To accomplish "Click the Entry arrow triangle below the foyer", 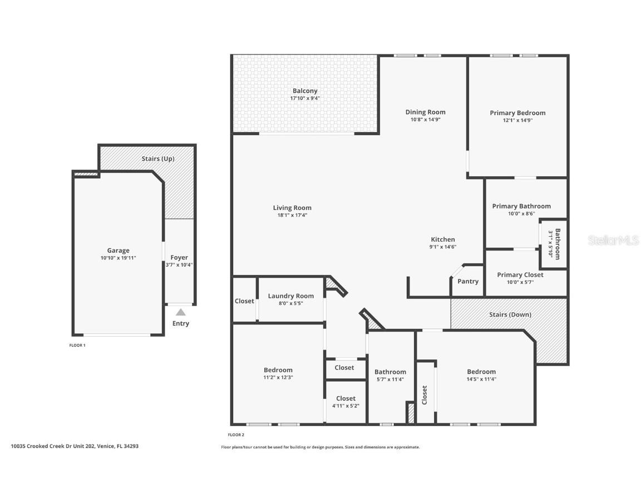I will tap(180, 312).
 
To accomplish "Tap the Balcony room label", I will tap(305, 91).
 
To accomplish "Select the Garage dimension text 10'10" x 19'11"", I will tap(118, 258).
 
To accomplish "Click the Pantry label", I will tap(468, 282).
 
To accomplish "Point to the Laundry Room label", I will tap(290, 296).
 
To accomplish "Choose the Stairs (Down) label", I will tap(510, 314).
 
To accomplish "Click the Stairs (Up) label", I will tap(158, 159).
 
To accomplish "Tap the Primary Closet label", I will tap(520, 275).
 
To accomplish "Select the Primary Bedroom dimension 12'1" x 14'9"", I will tap(517, 120).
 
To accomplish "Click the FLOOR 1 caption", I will tap(77, 346).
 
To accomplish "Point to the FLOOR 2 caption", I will tap(236, 435).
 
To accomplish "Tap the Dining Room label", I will tap(425, 112).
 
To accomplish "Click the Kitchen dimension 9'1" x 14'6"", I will tap(443, 247).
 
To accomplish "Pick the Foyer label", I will tap(179, 258).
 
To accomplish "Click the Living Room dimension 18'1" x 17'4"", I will tap(292, 215).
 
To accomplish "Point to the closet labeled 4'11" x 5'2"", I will tap(346, 406).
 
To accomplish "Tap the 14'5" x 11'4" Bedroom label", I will tap(481, 372).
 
